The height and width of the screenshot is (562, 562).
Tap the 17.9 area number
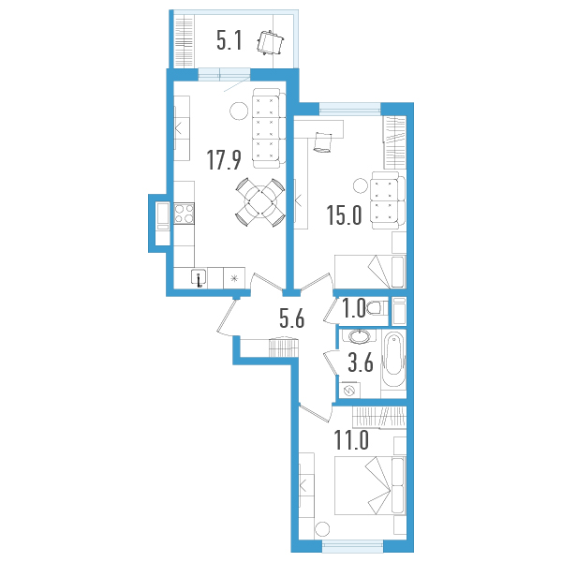click(x=225, y=160)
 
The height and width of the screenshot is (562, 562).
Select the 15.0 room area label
click(x=344, y=216)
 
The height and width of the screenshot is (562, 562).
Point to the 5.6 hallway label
click(x=292, y=319)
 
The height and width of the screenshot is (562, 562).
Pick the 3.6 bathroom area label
click(x=362, y=364)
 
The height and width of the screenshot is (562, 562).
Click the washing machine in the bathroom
click(x=350, y=389)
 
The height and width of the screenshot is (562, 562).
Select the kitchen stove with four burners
click(x=183, y=215)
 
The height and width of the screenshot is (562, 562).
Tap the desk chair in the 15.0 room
click(x=325, y=141)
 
